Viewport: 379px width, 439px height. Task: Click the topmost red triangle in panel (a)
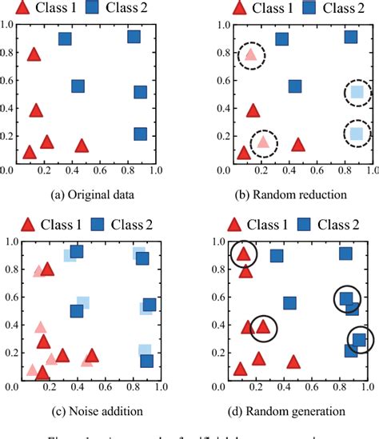coord(34,54)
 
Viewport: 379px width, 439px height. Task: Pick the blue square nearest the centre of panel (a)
coord(78,86)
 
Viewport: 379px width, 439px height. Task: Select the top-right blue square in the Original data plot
coord(134,37)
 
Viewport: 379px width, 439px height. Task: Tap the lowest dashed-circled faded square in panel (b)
coord(357,134)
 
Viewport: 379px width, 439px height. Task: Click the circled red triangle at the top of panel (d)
coord(245,255)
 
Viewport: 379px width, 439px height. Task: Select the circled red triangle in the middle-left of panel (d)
coord(263,326)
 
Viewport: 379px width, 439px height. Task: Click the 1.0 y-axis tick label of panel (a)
coord(7,24)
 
